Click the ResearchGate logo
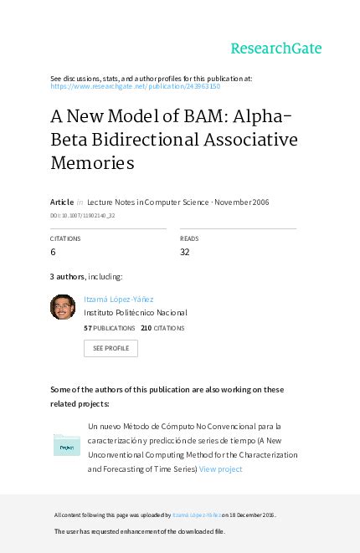pyautogui.click(x=275, y=48)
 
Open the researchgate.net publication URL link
pyautogui.click(x=136, y=86)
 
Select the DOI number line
pyautogui.click(x=83, y=215)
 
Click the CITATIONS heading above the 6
pyautogui.click(x=65, y=238)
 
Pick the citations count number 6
pyautogui.click(x=54, y=251)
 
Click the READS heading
pyautogui.click(x=188, y=238)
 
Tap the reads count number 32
pyautogui.click(x=185, y=251)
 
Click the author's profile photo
pyautogui.click(x=63, y=306)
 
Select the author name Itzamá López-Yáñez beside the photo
pyautogui.click(x=118, y=300)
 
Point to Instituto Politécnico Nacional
pyautogui.click(x=136, y=313)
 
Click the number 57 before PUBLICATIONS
pyautogui.click(x=88, y=328)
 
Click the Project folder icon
pyautogui.click(x=66, y=444)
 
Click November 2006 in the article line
pyautogui.click(x=242, y=202)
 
